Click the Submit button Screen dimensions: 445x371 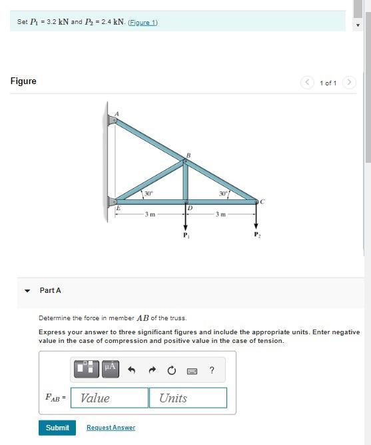[x=57, y=428]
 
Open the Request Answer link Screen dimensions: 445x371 [x=111, y=428]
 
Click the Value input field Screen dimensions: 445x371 [x=110, y=398]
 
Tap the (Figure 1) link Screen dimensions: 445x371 [x=144, y=22]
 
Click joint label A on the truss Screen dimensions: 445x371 [x=117, y=113]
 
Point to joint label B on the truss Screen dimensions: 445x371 [x=188, y=155]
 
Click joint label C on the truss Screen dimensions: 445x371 [x=262, y=201]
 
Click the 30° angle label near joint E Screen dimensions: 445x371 [x=149, y=193]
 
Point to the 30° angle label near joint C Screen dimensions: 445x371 [x=224, y=193]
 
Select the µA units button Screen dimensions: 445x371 [x=110, y=368]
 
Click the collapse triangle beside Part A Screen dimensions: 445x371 [x=27, y=291]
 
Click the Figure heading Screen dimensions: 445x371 [x=23, y=81]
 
